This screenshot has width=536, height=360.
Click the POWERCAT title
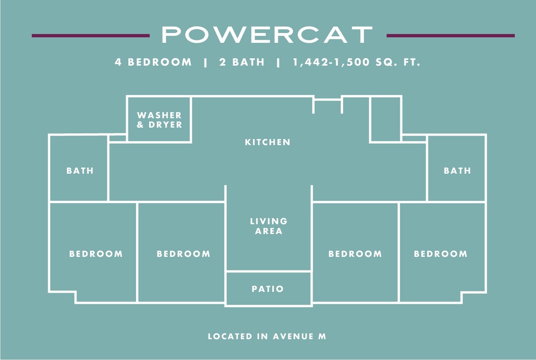point(267,35)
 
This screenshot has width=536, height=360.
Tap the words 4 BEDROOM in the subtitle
point(153,62)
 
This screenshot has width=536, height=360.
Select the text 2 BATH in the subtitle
point(241,62)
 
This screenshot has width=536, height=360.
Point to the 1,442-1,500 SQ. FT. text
point(357,62)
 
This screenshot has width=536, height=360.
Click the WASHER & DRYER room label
point(160,120)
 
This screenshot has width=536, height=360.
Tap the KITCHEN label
point(267,142)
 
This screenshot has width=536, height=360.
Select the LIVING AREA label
point(269,226)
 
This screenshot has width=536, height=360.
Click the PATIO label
point(267,289)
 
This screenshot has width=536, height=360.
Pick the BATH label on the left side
point(80,171)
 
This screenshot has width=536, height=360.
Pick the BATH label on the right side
point(457,171)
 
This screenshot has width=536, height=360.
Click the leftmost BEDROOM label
point(96,254)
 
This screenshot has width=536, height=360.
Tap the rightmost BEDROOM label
point(441,254)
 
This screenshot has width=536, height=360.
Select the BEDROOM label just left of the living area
point(183,254)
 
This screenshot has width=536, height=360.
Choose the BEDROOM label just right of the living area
point(355,254)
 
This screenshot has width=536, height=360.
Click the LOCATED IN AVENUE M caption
point(267,336)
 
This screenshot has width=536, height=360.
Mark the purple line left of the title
point(90,36)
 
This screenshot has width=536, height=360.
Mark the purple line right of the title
point(450,36)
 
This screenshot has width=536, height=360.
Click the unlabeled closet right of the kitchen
point(386,119)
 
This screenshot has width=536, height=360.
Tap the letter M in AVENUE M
point(322,336)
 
